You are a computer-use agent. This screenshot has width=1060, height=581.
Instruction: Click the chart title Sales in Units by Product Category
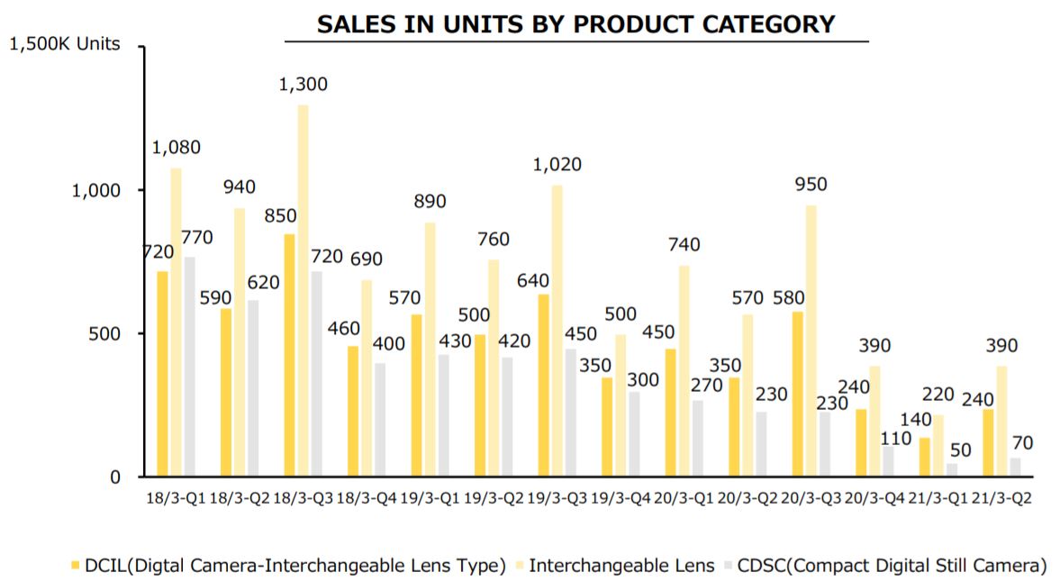click(x=576, y=24)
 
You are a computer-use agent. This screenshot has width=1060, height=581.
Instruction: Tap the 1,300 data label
click(x=304, y=85)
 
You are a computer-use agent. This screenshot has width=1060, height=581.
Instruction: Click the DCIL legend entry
click(x=288, y=566)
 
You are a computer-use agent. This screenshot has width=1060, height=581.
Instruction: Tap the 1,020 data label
click(x=557, y=165)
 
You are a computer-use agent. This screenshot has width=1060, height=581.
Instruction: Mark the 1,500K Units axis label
click(x=64, y=44)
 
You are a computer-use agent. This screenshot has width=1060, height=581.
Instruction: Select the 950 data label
click(x=811, y=186)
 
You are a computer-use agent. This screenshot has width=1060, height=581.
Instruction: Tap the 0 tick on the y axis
click(x=113, y=477)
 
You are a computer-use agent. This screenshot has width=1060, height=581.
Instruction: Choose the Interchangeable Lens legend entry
click(x=612, y=566)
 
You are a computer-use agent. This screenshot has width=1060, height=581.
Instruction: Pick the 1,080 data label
click(x=177, y=148)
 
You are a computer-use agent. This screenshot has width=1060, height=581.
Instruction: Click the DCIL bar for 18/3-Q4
click(x=354, y=411)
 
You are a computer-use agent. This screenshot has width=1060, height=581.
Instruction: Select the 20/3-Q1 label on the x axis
click(x=684, y=499)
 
